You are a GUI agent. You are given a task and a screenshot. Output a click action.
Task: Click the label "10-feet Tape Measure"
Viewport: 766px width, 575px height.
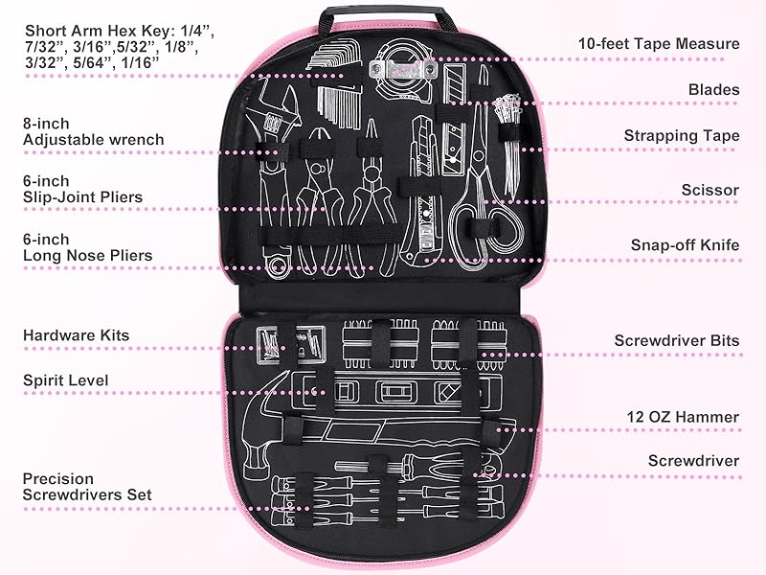coord(659,43)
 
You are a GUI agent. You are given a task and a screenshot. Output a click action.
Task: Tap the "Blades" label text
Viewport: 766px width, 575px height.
coord(713,89)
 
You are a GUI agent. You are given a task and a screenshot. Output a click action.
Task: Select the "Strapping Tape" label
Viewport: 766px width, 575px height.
coord(681,136)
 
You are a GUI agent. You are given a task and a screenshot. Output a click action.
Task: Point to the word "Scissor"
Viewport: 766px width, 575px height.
coord(710,190)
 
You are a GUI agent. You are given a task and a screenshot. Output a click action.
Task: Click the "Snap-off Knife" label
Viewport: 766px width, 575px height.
coord(685,245)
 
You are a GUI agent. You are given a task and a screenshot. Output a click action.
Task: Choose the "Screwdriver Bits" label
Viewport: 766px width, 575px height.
coord(676,340)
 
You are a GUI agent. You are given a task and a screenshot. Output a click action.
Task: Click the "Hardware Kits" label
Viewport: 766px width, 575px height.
coord(76,335)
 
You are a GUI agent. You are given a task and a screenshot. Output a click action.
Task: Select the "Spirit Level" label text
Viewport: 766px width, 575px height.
coord(66,380)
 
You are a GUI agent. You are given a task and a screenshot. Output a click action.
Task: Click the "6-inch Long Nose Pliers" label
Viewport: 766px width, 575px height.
coord(87,246)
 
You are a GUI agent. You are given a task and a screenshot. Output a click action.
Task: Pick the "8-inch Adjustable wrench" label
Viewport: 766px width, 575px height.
coord(93,130)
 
